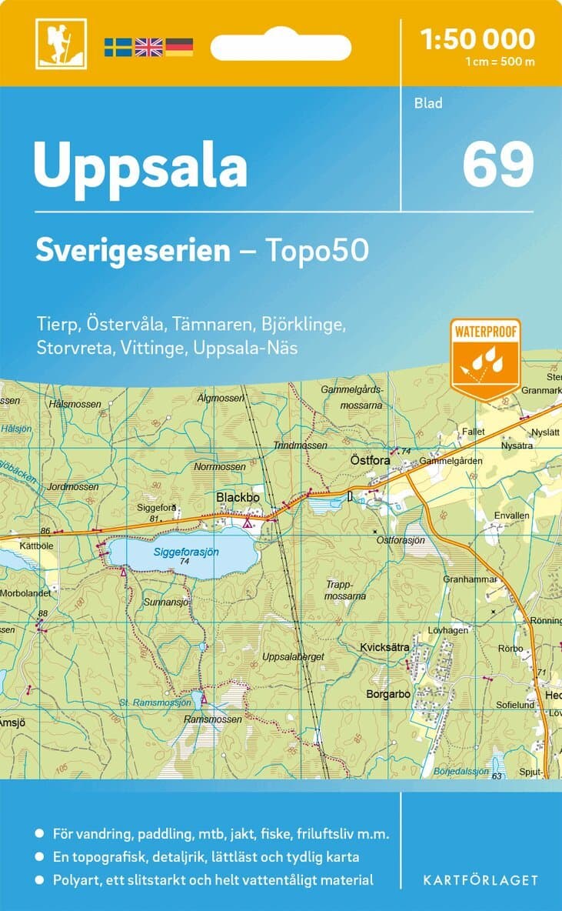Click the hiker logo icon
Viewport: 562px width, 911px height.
coord(61,43)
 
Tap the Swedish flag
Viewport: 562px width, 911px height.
coord(118,47)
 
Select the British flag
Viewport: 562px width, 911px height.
coord(148,47)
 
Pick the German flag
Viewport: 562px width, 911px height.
coord(179,47)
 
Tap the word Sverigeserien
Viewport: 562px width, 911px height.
coord(133,251)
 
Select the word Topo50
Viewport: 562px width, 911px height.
coord(318,251)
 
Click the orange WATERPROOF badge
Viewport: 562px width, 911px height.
coord(486,357)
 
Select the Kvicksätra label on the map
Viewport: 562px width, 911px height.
coord(384,648)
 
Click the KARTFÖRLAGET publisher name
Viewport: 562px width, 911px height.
coord(481,879)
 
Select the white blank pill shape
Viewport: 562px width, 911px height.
coord(281,47)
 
